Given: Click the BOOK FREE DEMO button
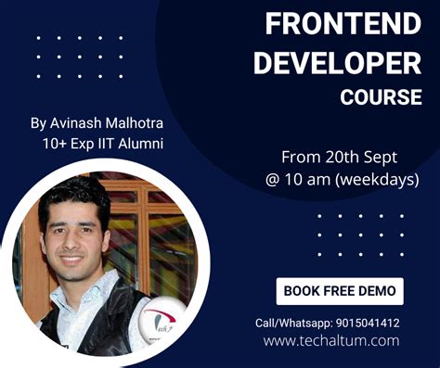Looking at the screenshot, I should point(340,290).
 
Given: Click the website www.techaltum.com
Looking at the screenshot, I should point(330,341).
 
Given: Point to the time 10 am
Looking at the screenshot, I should point(304,179).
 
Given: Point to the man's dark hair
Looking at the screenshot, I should point(74,197).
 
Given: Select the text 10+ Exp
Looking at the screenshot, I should point(67,144).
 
